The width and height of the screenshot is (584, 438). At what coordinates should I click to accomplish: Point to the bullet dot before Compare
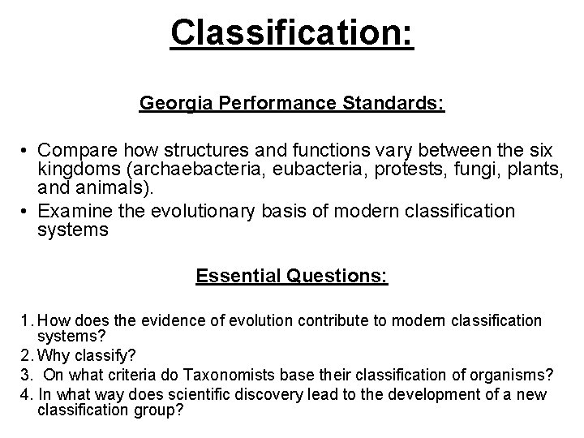coord(26,151)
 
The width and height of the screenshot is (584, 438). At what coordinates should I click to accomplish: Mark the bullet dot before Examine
coord(26,212)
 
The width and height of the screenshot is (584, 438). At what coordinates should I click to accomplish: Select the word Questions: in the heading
coord(339,277)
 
